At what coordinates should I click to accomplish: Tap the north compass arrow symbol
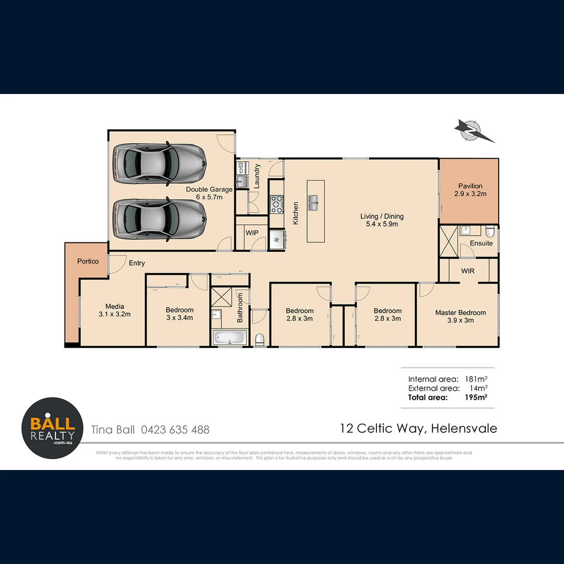click(x=473, y=131)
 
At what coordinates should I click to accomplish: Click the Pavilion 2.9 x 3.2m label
click(x=470, y=190)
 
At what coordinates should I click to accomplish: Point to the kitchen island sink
click(x=315, y=202)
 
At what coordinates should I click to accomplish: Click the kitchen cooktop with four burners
click(x=276, y=204)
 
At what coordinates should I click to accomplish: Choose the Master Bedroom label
click(x=460, y=316)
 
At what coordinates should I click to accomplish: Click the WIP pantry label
click(x=252, y=232)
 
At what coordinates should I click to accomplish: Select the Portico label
click(x=88, y=261)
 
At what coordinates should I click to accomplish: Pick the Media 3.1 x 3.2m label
click(x=114, y=310)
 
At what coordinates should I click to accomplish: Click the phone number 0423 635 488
click(x=175, y=430)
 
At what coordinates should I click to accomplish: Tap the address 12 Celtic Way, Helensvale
click(x=418, y=429)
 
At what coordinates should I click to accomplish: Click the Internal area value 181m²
click(x=475, y=379)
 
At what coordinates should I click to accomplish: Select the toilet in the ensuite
click(x=489, y=231)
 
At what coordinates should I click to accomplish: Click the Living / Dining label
click(x=382, y=220)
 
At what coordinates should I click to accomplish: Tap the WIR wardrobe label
click(x=467, y=272)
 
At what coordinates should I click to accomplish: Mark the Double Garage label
click(x=209, y=193)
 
